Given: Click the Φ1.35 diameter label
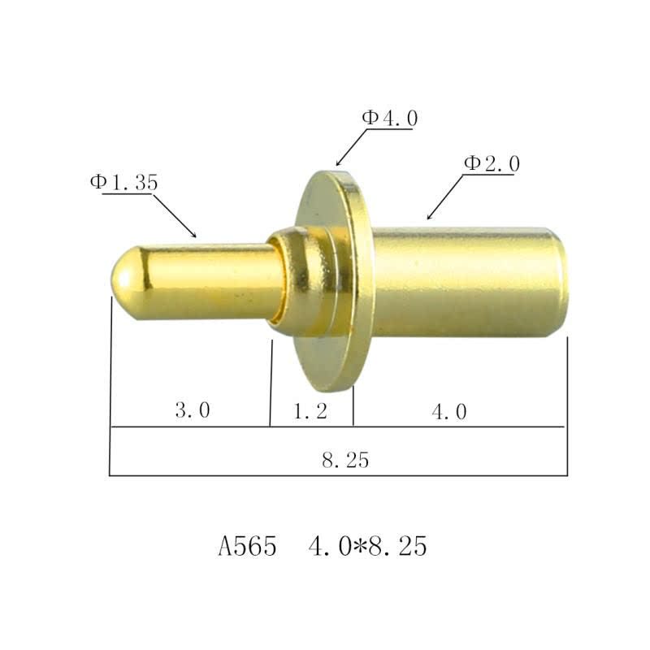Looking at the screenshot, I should tap(123, 183).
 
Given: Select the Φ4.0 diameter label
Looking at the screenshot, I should tap(390, 118).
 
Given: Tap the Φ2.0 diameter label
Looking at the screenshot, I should tap(492, 164).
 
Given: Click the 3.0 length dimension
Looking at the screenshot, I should tap(193, 411).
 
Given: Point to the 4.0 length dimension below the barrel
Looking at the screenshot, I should tap(449, 412).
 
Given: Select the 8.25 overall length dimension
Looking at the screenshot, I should tap(345, 461).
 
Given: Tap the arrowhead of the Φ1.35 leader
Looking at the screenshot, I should tap(194, 235).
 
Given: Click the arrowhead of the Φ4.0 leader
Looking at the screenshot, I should tap(338, 165).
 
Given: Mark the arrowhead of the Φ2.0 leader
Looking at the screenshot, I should tap(429, 219).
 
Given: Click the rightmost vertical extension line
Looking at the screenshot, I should tap(567, 406).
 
